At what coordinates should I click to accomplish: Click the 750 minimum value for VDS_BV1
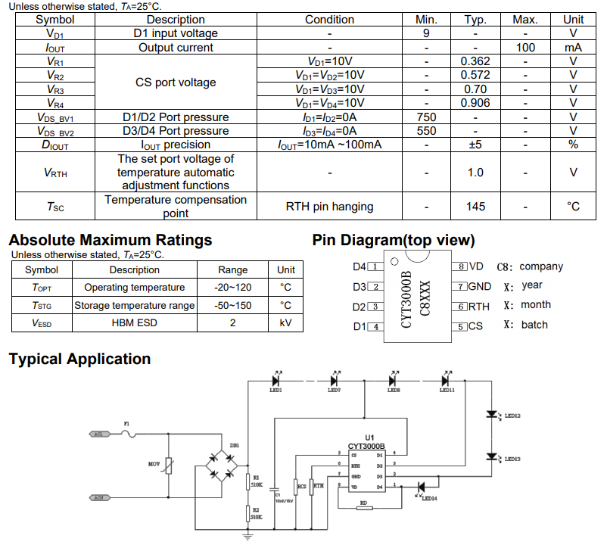[427, 117]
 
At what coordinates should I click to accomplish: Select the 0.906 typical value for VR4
[475, 103]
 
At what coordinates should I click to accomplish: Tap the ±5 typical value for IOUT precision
[475, 145]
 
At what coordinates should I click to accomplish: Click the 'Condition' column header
[329, 20]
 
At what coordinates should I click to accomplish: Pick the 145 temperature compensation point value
[475, 206]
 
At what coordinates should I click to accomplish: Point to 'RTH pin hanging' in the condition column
[329, 206]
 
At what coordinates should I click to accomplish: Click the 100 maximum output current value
[525, 48]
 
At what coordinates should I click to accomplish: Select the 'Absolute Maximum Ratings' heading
[111, 240]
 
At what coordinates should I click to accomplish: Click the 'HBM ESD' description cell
[134, 323]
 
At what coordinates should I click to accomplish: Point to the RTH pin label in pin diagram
[479, 307]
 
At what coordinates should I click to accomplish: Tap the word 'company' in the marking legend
[541, 266]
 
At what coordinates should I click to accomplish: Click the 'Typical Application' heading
[79, 359]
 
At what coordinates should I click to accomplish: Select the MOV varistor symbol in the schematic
[168, 465]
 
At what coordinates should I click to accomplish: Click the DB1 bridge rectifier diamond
[222, 465]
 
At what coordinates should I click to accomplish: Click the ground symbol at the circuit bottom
[247, 536]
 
